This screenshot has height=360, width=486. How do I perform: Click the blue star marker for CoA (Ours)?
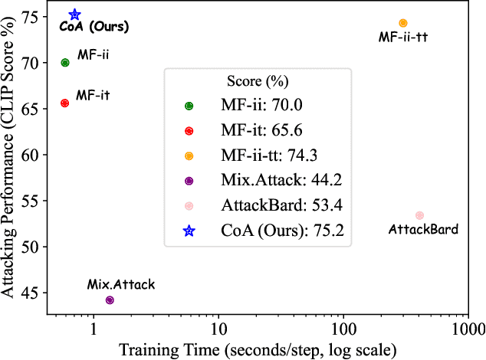[75, 15]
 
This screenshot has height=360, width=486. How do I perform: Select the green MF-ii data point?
[65, 63]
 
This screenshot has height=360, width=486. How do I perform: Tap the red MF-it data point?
[65, 103]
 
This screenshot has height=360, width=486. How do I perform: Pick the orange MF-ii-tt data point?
[402, 23]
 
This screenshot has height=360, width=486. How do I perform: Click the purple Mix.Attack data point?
[110, 299]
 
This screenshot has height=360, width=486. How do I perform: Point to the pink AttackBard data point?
[419, 215]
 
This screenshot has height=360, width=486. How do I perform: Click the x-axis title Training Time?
[256, 349]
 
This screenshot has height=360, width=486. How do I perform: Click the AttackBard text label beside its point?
[423, 230]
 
